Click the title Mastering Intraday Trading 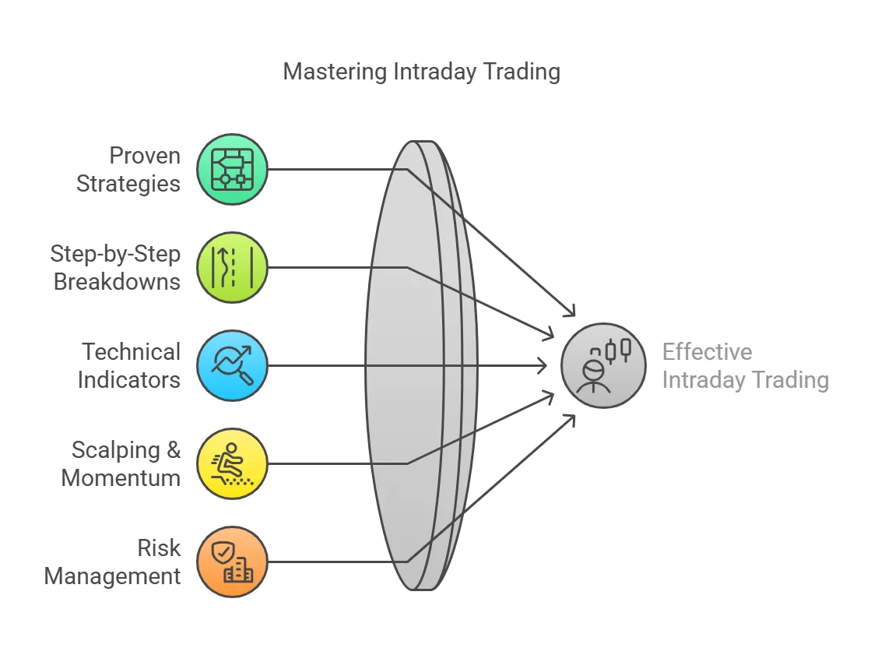tap(421, 72)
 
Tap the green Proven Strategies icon tap(232, 169)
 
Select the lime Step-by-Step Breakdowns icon tap(232, 267)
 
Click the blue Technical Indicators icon tap(232, 365)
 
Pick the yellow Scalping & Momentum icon tap(232, 463)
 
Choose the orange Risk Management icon tap(232, 562)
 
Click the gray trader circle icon tap(603, 365)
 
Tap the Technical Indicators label tap(130, 365)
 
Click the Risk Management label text tap(114, 562)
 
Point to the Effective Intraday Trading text tap(745, 365)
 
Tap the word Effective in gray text tap(707, 352)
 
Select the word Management tap(114, 576)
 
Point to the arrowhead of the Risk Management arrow tap(572, 417)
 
